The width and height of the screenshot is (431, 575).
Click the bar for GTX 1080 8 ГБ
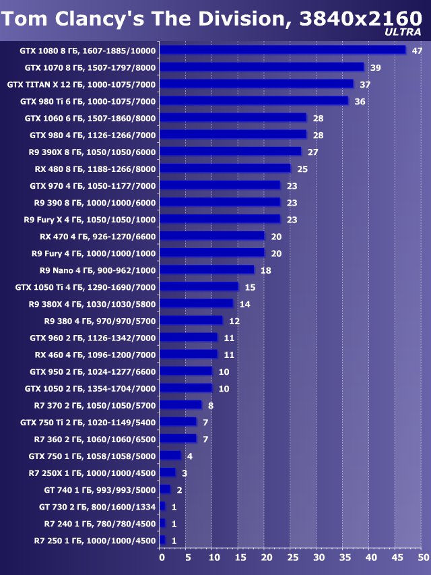pos(283,50)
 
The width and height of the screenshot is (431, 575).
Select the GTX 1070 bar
pos(262,67)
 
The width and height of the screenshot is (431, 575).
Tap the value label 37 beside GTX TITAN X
pos(366,84)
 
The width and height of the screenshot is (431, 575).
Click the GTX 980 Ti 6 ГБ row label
pos(88,101)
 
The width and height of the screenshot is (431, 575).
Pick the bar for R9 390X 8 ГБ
pos(231,152)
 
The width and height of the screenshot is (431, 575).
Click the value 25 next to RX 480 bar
pos(302,169)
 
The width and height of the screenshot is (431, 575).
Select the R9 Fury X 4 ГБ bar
pos(220,219)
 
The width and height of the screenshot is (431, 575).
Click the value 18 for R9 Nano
pos(266,270)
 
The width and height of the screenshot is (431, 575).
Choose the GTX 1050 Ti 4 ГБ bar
pos(199,286)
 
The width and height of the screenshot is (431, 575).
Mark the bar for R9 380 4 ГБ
pos(191,320)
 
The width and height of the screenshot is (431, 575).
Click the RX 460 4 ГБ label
pos(95,355)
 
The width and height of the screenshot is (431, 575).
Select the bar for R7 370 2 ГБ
pos(181,405)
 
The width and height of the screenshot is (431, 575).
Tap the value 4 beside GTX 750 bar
pos(190,456)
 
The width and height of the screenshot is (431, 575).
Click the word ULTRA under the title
pos(403,32)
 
